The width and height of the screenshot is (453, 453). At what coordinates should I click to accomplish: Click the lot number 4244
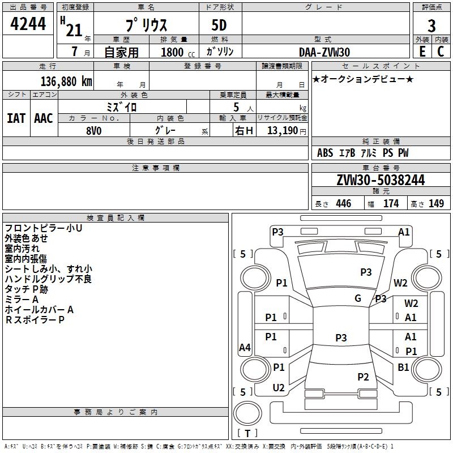point(28,23)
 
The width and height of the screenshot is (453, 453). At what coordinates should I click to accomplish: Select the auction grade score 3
point(431,25)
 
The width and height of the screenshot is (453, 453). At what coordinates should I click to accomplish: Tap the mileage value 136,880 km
point(66,82)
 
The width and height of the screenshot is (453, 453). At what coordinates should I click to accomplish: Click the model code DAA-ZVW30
point(324,52)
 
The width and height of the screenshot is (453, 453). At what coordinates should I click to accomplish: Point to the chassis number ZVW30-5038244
point(381,180)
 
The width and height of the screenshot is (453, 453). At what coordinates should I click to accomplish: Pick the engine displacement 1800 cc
point(178,52)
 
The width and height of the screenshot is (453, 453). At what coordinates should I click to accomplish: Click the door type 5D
point(219,25)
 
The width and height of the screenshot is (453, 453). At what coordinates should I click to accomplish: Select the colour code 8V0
point(94,131)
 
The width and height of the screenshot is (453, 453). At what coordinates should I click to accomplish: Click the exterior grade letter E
point(422,52)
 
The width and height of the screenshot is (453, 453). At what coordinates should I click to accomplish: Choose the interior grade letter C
point(441,52)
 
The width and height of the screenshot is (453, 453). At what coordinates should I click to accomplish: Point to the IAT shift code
point(16,118)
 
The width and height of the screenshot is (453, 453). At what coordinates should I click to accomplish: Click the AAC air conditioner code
point(44,118)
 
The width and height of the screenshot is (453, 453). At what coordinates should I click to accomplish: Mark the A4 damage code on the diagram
point(245,347)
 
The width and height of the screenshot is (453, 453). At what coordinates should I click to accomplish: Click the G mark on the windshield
point(358,298)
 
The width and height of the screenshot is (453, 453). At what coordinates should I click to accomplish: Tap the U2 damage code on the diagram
point(279,388)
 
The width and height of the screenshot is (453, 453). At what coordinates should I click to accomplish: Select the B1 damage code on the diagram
point(403,367)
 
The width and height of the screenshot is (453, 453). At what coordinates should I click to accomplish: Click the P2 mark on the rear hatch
point(363,377)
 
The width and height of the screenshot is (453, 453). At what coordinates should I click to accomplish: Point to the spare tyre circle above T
point(247,413)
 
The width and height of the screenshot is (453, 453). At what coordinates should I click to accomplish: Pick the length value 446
point(344,204)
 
